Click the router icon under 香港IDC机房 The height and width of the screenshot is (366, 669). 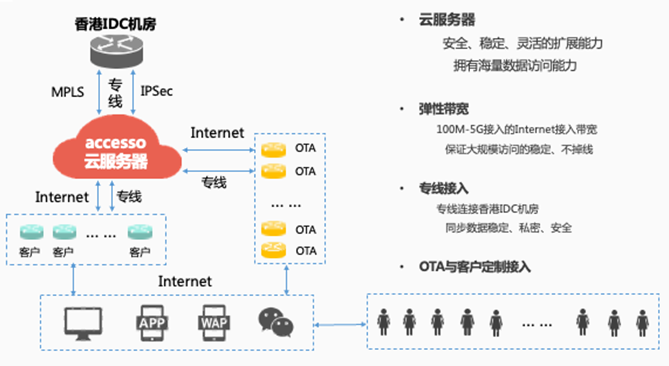pyautogui.click(x=116, y=51)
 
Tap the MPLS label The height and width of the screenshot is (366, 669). pyautogui.click(x=68, y=92)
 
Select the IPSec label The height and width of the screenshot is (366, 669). pyautogui.click(x=156, y=91)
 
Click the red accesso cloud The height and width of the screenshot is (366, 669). pyautogui.click(x=117, y=150)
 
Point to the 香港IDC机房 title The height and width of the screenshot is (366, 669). pyautogui.click(x=115, y=24)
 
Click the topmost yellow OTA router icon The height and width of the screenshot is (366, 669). pyautogui.click(x=274, y=149)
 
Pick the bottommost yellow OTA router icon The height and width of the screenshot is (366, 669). pyautogui.click(x=274, y=250)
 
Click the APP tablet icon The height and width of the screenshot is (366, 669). pyautogui.click(x=152, y=323)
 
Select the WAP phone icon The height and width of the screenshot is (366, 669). pyautogui.click(x=214, y=323)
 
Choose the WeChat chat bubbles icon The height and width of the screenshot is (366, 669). pyautogui.click(x=276, y=322)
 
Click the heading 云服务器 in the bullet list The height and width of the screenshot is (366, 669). pyautogui.click(x=447, y=20)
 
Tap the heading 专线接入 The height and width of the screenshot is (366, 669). pyautogui.click(x=443, y=188)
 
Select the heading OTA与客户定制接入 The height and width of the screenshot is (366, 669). pyautogui.click(x=475, y=267)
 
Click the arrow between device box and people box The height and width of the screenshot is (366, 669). pyautogui.click(x=340, y=325)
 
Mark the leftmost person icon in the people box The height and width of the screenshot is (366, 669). pyautogui.click(x=384, y=322)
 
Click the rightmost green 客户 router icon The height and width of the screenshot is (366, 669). pyautogui.click(x=140, y=232)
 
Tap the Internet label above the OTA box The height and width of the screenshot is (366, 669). pyautogui.click(x=217, y=133)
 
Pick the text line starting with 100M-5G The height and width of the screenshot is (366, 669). pyautogui.click(x=517, y=130)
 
